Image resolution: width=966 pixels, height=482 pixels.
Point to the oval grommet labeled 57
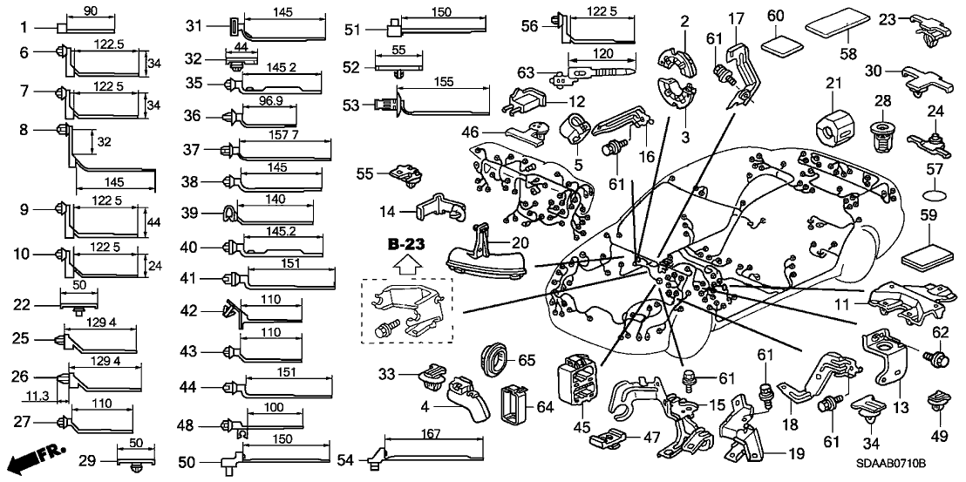click(934, 191)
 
